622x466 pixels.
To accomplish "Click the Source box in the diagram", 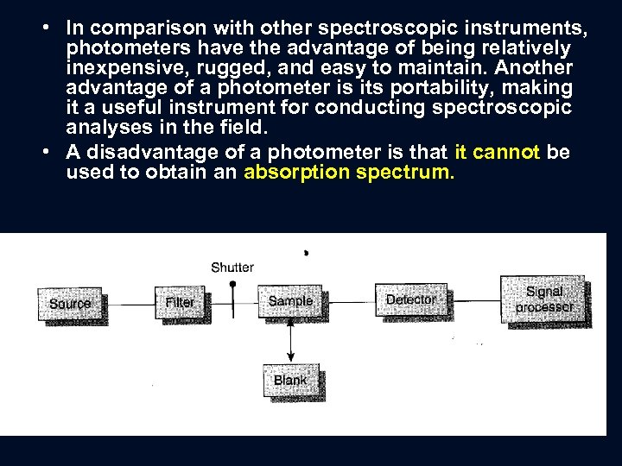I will click(x=70, y=304).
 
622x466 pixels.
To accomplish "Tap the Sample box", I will click(x=290, y=300).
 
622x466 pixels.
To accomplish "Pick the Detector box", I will click(x=410, y=299).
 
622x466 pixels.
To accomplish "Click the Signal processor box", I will click(x=543, y=299).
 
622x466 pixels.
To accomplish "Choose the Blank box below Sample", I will click(x=290, y=381).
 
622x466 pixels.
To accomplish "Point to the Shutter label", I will click(x=232, y=267).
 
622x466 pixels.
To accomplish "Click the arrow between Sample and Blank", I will click(x=290, y=341).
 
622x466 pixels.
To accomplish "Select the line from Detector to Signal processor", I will click(x=473, y=299).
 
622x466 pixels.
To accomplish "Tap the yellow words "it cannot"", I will click(x=497, y=153).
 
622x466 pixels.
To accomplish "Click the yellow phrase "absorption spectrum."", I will click(x=349, y=172).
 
